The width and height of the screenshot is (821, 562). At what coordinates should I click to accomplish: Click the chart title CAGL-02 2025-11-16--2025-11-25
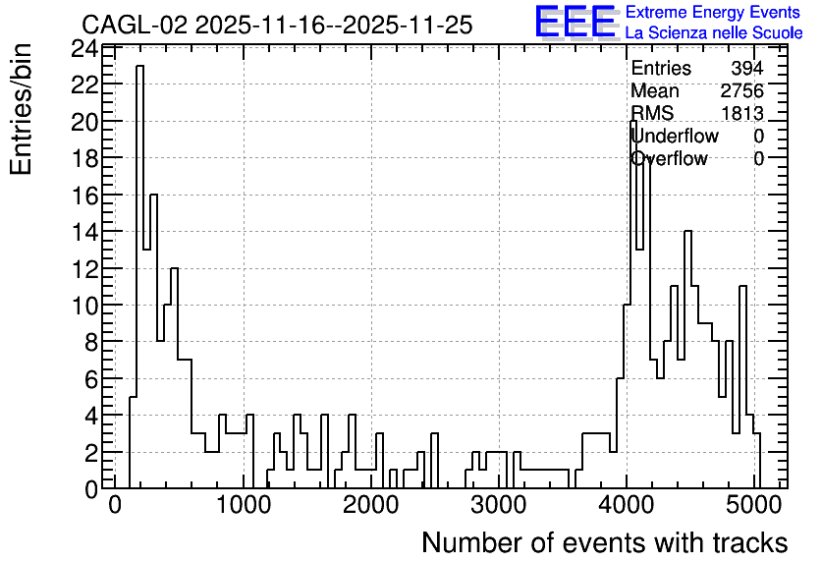coord(277,26)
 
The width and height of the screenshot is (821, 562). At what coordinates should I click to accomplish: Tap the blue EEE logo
coord(575,22)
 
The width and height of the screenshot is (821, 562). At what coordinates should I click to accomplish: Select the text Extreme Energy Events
coord(713,12)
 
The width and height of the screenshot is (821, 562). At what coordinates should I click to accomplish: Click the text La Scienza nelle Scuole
coord(714,32)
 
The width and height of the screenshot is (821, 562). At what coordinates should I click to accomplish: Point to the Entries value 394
coord(747,68)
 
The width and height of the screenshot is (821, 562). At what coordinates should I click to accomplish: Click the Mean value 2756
coord(741,90)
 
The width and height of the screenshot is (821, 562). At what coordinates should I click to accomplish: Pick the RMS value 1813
coord(741,113)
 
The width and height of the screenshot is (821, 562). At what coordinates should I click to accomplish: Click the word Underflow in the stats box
coord(675,136)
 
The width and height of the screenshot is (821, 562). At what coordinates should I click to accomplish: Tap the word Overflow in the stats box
coord(669,158)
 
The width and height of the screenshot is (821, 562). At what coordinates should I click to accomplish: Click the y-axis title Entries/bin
coord(21,109)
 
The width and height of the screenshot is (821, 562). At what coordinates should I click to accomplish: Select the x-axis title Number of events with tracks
coord(605,542)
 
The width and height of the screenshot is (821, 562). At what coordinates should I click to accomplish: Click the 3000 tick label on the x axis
coord(499,506)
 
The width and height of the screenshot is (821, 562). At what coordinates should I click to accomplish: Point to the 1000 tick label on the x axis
coord(243,506)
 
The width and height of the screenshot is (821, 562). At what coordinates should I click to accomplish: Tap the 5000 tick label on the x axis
coord(754,506)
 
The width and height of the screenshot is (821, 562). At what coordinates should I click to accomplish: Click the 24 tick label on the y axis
coord(84,50)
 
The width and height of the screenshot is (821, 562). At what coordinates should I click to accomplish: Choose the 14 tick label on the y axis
coord(84,232)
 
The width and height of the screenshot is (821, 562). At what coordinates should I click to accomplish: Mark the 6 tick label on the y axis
coord(91,379)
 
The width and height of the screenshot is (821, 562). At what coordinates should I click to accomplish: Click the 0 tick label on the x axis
coord(115,506)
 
